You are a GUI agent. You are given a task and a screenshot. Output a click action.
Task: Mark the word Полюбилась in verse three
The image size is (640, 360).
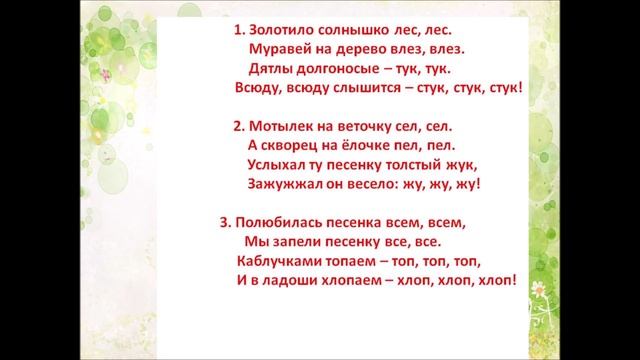(x=279, y=222)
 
